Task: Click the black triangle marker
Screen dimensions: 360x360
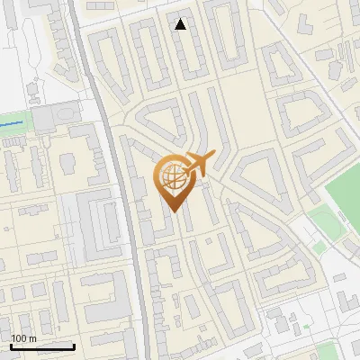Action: [181, 24]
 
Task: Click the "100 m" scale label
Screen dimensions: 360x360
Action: [23, 338]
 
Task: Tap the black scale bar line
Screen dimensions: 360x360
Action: [42, 346]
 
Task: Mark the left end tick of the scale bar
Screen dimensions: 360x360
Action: [11, 345]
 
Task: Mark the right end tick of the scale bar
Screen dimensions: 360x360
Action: [74, 345]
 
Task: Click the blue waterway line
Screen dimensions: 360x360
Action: [13, 121]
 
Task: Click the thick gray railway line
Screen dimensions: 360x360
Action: [130, 225]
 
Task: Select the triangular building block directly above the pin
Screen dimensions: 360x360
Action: [162, 121]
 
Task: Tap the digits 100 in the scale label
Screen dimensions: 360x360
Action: [19, 338]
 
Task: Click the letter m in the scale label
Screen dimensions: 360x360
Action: [32, 339]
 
